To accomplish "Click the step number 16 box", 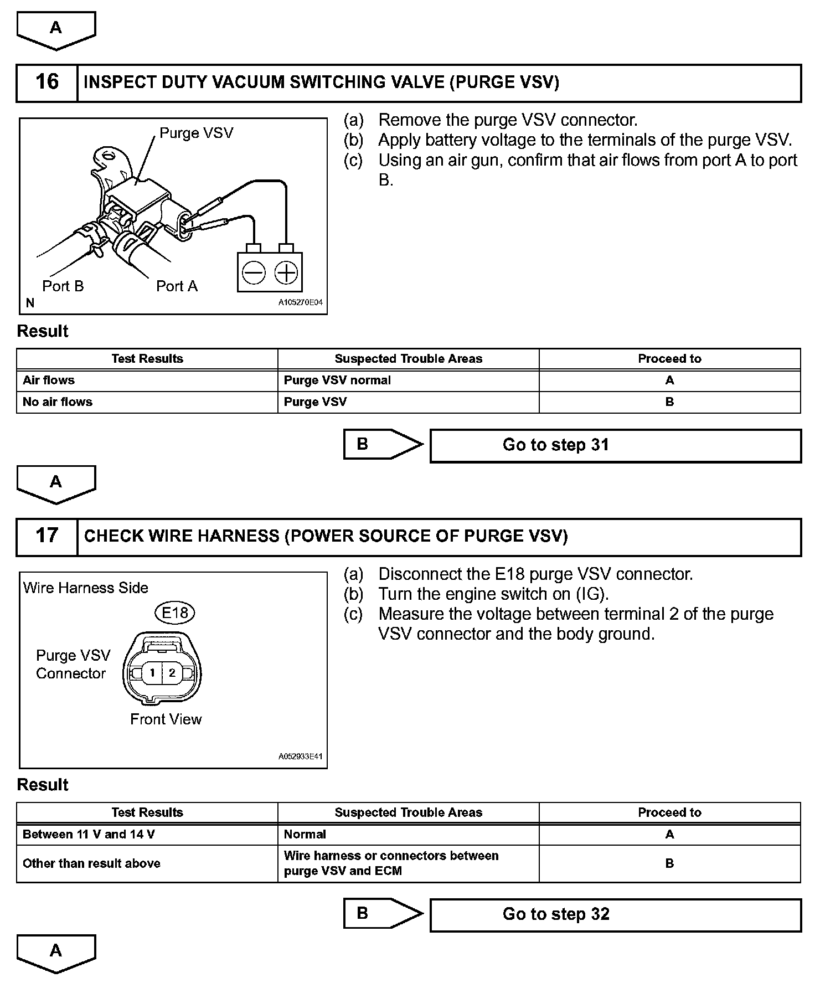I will (47, 83).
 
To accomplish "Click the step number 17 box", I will (47, 537).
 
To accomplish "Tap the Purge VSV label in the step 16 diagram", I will (196, 133).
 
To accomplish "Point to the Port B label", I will (63, 286).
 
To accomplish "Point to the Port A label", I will (177, 286).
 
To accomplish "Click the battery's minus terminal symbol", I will (254, 272).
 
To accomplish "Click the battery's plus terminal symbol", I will (286, 272).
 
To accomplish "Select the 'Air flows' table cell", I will (147, 380).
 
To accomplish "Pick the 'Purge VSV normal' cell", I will (408, 380).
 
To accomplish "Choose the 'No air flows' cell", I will (147, 402).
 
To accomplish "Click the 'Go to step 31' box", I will (615, 445).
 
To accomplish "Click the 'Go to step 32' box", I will (615, 914).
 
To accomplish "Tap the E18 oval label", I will (174, 613).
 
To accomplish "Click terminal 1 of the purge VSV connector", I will (152, 673).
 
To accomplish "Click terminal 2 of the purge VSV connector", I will (172, 673).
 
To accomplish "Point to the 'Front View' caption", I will (166, 719).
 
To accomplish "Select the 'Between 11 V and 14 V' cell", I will (147, 835).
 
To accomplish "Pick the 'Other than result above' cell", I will (147, 863).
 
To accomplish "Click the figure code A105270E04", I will (300, 303).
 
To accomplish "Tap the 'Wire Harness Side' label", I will (86, 588).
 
